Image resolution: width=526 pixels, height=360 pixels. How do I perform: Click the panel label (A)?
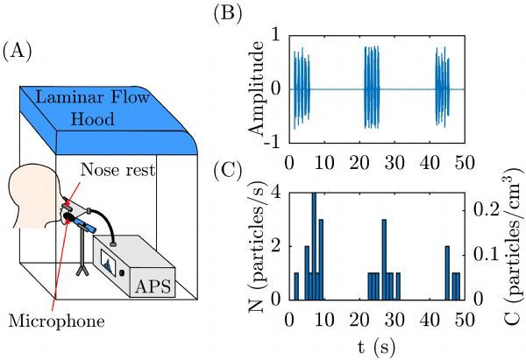(x=18, y=52)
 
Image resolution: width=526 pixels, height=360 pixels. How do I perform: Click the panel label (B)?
(x=228, y=14)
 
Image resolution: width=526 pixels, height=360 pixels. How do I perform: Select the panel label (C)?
(x=228, y=171)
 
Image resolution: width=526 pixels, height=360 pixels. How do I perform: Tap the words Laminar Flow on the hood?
(x=92, y=97)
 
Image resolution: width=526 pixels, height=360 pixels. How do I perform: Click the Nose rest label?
(x=117, y=170)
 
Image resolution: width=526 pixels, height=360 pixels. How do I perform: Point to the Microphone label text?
(x=56, y=321)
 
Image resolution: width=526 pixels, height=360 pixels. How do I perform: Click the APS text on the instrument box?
(x=153, y=286)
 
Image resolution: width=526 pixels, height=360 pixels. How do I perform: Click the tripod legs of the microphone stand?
(x=82, y=269)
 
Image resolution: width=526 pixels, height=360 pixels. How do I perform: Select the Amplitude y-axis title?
(x=257, y=88)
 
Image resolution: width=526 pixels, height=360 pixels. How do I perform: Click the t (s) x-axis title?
(x=376, y=347)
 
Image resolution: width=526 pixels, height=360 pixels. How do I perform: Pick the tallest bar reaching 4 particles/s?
(x=314, y=246)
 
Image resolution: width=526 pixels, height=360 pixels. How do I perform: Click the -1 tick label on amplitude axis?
(x=272, y=142)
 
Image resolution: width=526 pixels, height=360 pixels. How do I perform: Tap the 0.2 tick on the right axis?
(x=486, y=210)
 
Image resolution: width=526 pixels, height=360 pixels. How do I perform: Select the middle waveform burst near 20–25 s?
(x=372, y=87)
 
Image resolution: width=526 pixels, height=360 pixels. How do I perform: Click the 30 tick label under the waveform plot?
(x=394, y=163)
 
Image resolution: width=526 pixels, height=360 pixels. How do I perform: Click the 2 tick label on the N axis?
(x=275, y=246)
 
